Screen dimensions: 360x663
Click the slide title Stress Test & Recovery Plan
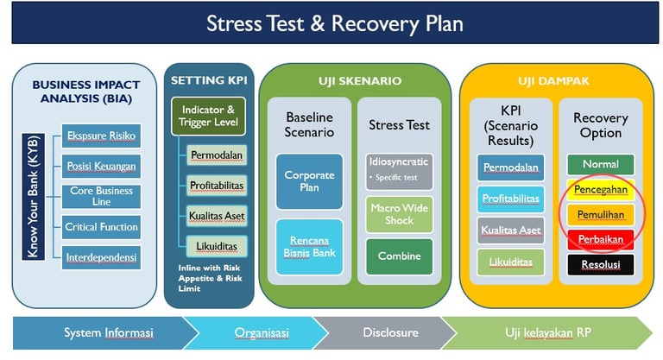(334, 22)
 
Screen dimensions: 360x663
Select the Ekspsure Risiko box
(101, 136)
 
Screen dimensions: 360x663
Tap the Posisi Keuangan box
(101, 166)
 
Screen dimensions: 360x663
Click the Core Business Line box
(101, 196)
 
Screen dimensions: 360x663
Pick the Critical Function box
(101, 227)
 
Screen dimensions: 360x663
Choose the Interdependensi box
(101, 257)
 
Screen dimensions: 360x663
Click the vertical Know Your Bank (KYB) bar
(33, 197)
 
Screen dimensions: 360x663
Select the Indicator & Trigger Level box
(208, 117)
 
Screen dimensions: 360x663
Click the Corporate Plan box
(309, 180)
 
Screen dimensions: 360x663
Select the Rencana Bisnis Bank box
(309, 245)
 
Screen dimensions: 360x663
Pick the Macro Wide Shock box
(400, 214)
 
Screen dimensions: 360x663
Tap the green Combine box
(400, 256)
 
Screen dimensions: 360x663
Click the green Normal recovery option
(601, 164)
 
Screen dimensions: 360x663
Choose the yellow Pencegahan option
(601, 188)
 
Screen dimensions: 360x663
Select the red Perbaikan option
(601, 238)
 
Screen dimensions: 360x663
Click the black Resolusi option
(601, 264)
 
